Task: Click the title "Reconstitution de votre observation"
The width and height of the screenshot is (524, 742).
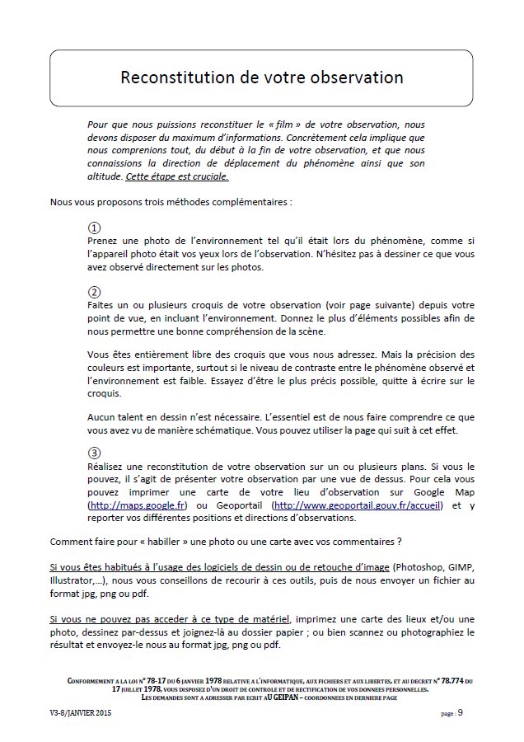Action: click(x=261, y=77)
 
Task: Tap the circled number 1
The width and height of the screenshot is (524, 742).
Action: click(x=95, y=228)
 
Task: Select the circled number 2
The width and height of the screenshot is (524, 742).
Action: click(x=95, y=293)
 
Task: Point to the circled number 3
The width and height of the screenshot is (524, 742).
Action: click(x=95, y=453)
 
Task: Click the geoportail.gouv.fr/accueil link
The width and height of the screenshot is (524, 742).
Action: click(x=357, y=505)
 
